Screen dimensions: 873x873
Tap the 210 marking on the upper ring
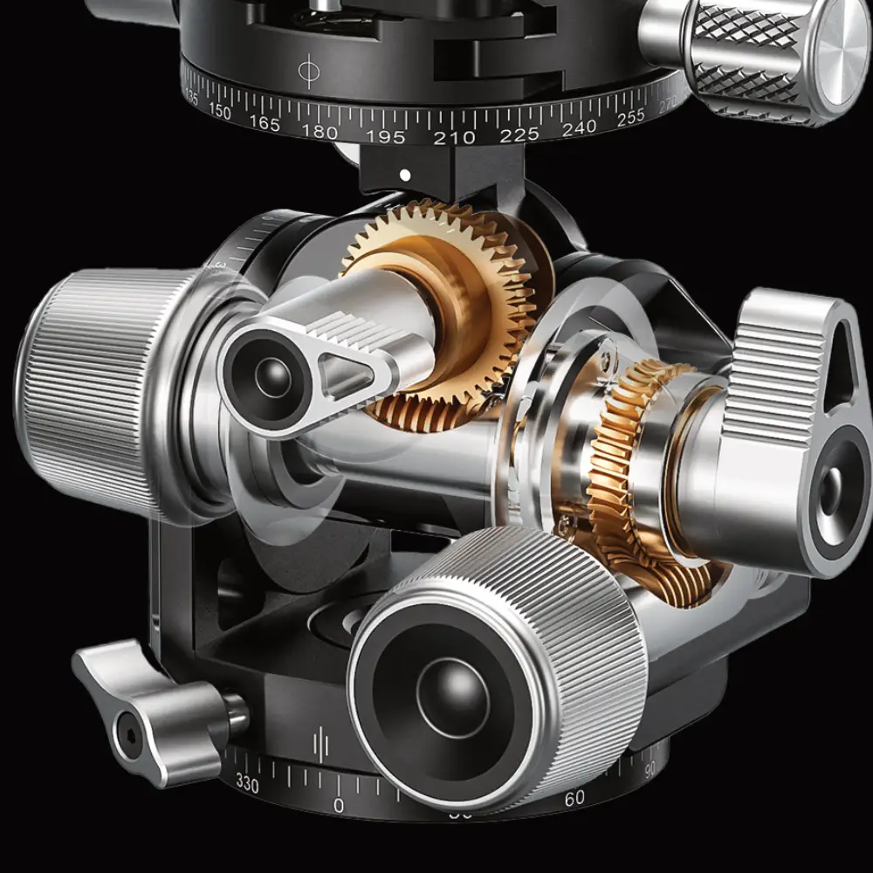coord(454,137)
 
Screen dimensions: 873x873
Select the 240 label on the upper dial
coord(580,128)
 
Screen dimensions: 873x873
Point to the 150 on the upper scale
coord(219,113)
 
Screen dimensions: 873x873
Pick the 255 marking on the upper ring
coord(630,119)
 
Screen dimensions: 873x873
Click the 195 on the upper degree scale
coord(386,137)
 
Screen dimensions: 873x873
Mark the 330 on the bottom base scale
coord(247,785)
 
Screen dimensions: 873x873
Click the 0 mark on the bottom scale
coord(339,804)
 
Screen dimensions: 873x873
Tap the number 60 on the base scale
coord(574,798)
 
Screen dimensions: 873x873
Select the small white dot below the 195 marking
coord(404,175)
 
